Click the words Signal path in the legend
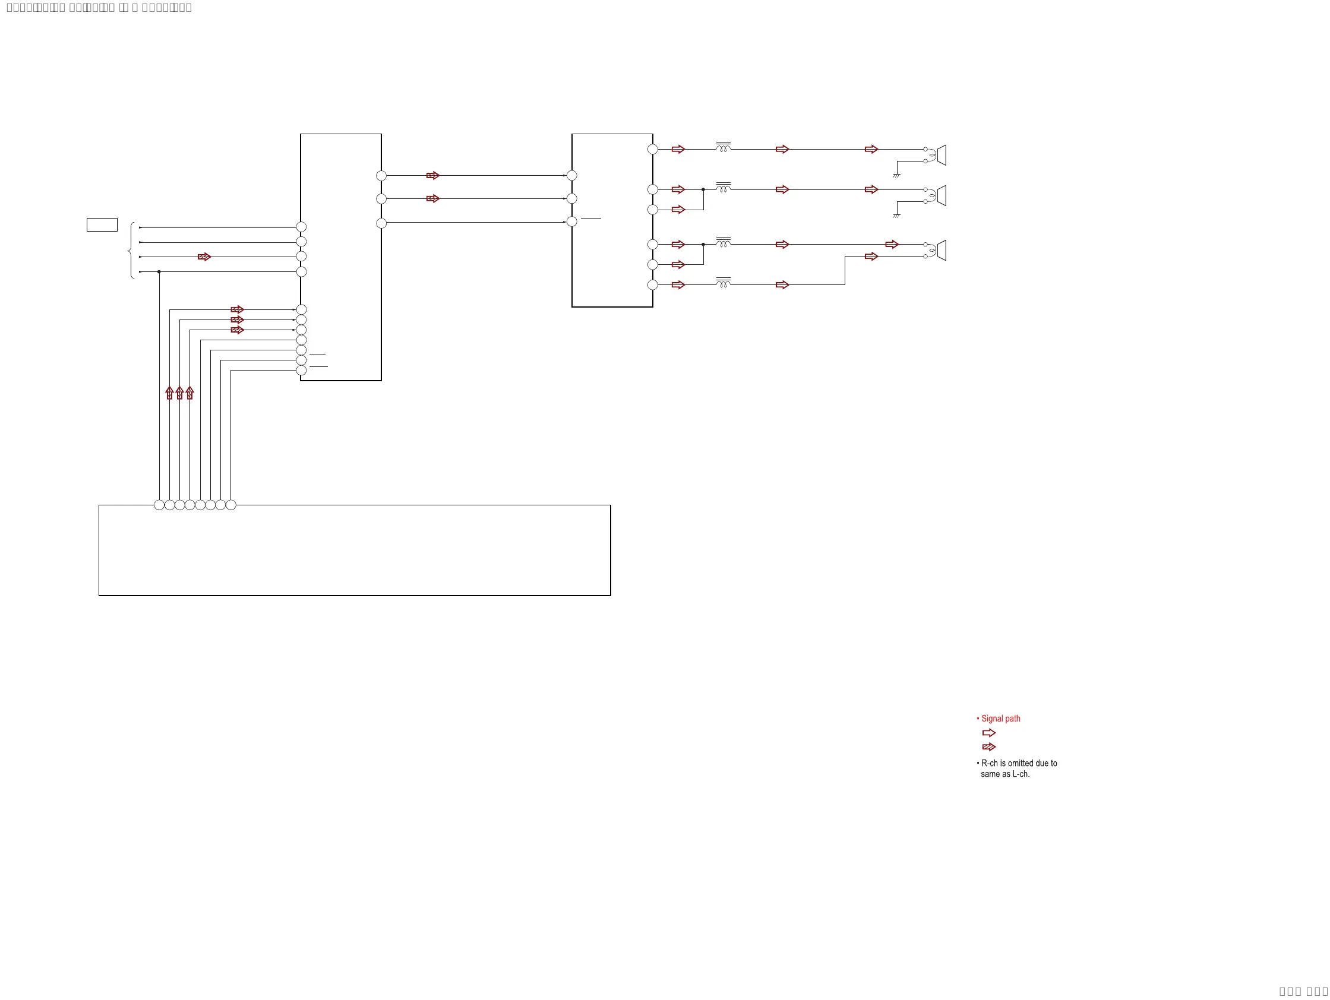coord(1000,718)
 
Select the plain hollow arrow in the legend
coord(988,733)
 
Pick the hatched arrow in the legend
coord(988,747)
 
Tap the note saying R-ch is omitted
coord(1019,768)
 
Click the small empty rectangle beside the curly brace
coord(102,224)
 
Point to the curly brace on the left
coord(131,250)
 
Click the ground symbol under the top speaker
coord(896,175)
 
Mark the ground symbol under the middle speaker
coord(896,215)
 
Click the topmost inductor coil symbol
coord(724,147)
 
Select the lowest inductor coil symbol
coord(724,283)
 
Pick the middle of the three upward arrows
coord(180,393)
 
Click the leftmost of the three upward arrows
coord(169,393)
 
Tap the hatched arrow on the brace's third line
coord(204,257)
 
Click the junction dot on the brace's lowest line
coord(159,271)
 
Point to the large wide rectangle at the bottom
coord(355,550)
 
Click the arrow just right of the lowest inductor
coord(782,285)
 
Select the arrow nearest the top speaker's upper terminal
coord(871,149)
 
